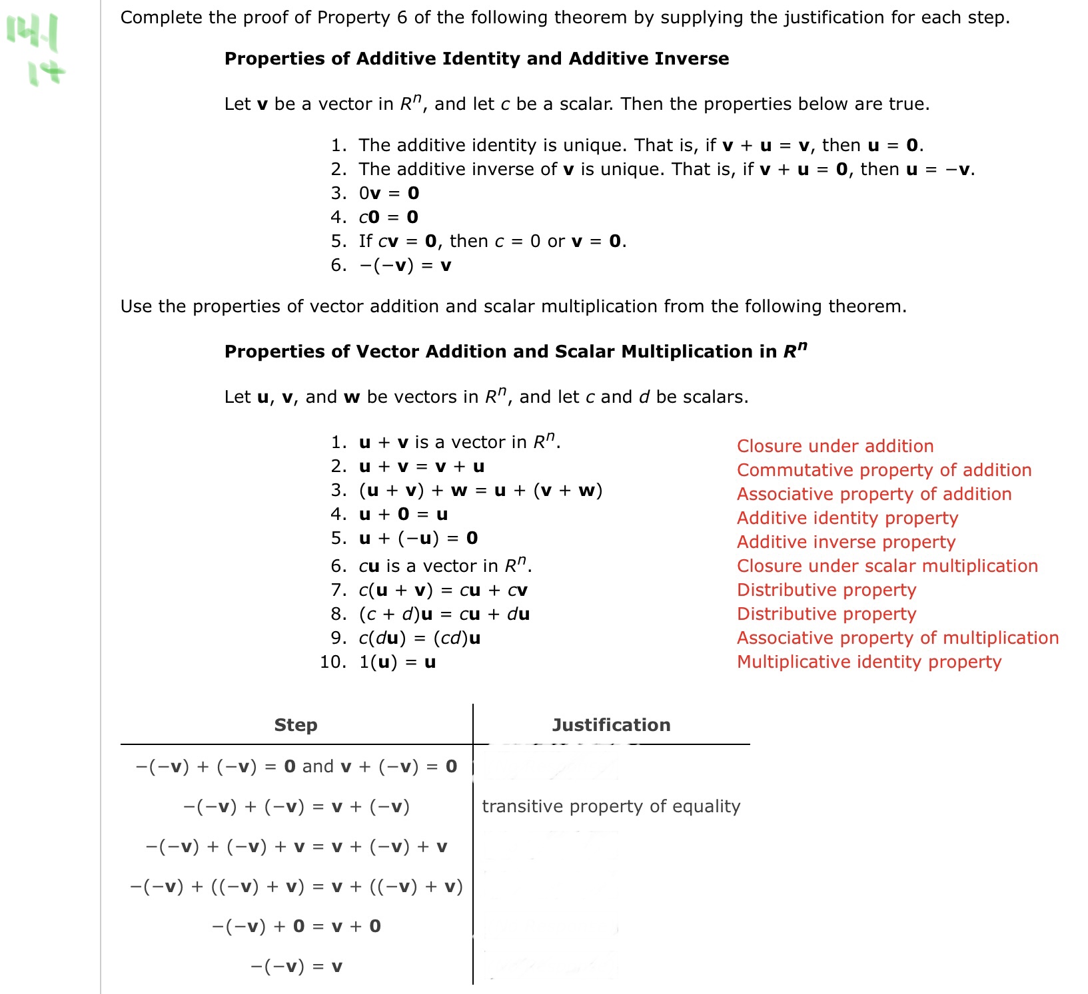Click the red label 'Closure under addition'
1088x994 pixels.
click(x=835, y=446)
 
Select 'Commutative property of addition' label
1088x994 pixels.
click(x=883, y=470)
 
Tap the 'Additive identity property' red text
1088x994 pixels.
click(x=847, y=518)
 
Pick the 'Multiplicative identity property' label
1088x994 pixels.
click(x=869, y=662)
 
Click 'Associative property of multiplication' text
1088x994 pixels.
click(x=897, y=638)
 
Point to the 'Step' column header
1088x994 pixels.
click(x=296, y=725)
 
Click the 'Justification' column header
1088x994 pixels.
click(x=611, y=725)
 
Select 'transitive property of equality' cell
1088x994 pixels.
click(x=611, y=806)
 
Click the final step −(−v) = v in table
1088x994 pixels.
click(x=296, y=966)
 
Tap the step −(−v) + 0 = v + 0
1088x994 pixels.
click(x=296, y=926)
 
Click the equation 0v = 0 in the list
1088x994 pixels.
click(x=389, y=193)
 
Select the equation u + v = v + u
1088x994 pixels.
click(x=422, y=466)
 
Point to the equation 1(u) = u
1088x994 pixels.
click(x=397, y=662)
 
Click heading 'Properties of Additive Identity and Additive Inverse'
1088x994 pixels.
click(x=476, y=59)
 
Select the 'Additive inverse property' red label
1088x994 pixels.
click(x=846, y=542)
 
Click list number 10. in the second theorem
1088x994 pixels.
click(x=332, y=662)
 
